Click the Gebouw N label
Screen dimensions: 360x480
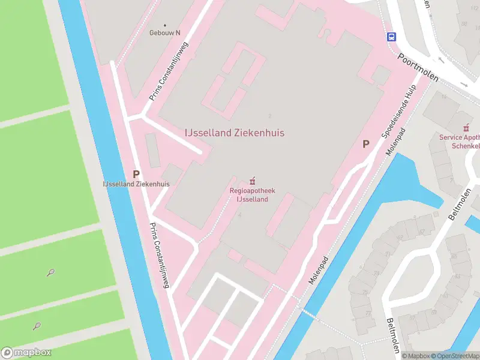click(165, 32)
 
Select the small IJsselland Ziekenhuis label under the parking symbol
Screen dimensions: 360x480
click(136, 184)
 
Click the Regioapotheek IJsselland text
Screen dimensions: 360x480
click(248, 195)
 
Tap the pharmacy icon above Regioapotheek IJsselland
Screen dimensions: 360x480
click(252, 180)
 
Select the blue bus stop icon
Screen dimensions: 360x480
click(391, 37)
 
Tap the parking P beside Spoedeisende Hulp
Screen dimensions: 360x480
click(365, 145)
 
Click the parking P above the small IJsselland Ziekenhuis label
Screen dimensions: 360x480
click(136, 174)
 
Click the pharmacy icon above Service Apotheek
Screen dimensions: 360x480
click(465, 128)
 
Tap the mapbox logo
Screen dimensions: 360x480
click(26, 353)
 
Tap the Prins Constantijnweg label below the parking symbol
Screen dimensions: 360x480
click(160, 255)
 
